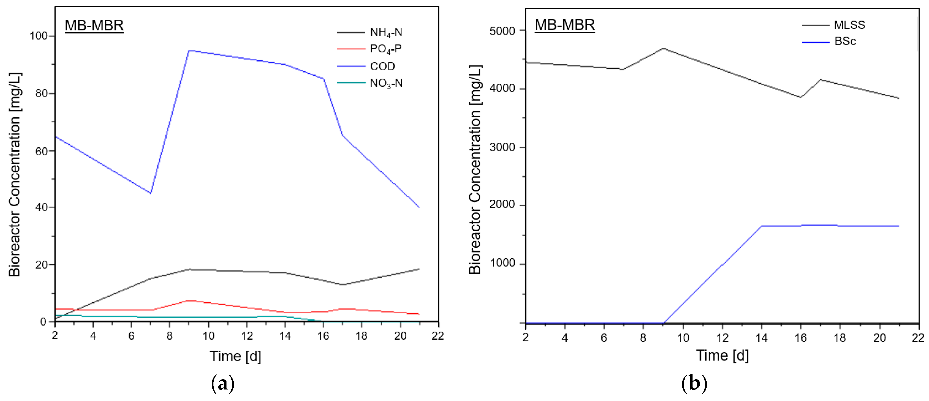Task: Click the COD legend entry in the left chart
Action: click(382, 66)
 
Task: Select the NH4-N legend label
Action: click(386, 32)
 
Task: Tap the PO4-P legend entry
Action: click(385, 49)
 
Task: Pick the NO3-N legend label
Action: click(386, 83)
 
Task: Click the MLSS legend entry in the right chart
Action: click(849, 25)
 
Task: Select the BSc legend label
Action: click(845, 41)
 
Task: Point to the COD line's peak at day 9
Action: click(189, 50)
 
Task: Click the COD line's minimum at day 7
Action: click(150, 193)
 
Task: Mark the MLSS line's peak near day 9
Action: click(663, 48)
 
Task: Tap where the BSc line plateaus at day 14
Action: click(761, 226)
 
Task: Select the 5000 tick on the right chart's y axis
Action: click(502, 31)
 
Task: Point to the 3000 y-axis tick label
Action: click(502, 147)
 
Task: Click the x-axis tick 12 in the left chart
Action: click(247, 336)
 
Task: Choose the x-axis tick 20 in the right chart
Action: click(879, 338)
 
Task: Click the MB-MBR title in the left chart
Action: click(94, 25)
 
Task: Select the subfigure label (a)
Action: click(222, 384)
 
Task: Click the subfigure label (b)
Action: click(694, 384)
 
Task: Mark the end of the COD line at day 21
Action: click(419, 207)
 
